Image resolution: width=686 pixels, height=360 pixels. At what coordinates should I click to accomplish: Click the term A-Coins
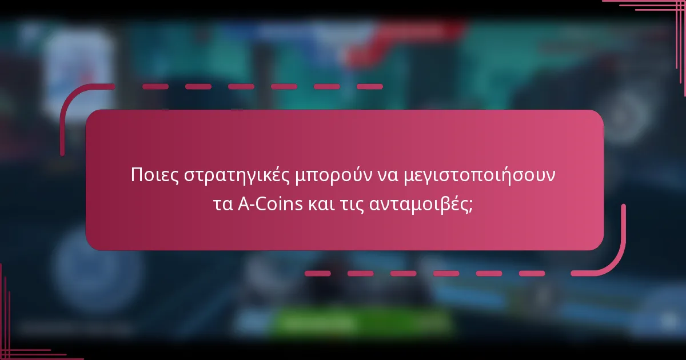pyautogui.click(x=270, y=203)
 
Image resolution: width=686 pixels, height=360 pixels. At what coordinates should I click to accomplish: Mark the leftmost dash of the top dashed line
pyautogui.click(x=155, y=87)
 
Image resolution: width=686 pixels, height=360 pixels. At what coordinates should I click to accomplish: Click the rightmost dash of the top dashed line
pyautogui.click(x=369, y=87)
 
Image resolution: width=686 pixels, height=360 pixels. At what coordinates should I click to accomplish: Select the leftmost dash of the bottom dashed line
pyautogui.click(x=318, y=274)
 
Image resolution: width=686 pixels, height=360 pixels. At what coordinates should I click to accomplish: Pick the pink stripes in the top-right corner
pyautogui.click(x=657, y=11)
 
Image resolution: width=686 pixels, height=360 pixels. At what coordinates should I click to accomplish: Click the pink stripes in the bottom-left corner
pyautogui.click(x=17, y=343)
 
